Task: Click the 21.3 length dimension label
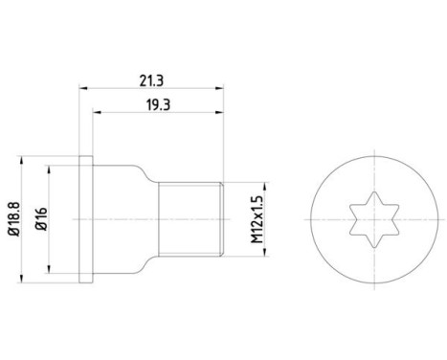point(151,80)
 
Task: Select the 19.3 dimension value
point(158,104)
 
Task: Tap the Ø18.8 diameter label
point(14,219)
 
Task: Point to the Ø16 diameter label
point(41,219)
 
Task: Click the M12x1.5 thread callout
point(257,219)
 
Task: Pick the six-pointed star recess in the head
point(374,219)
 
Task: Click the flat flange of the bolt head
point(86,219)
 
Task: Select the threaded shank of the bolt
point(190,219)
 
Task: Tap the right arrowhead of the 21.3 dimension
point(219,88)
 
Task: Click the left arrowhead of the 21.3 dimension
point(83,88)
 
